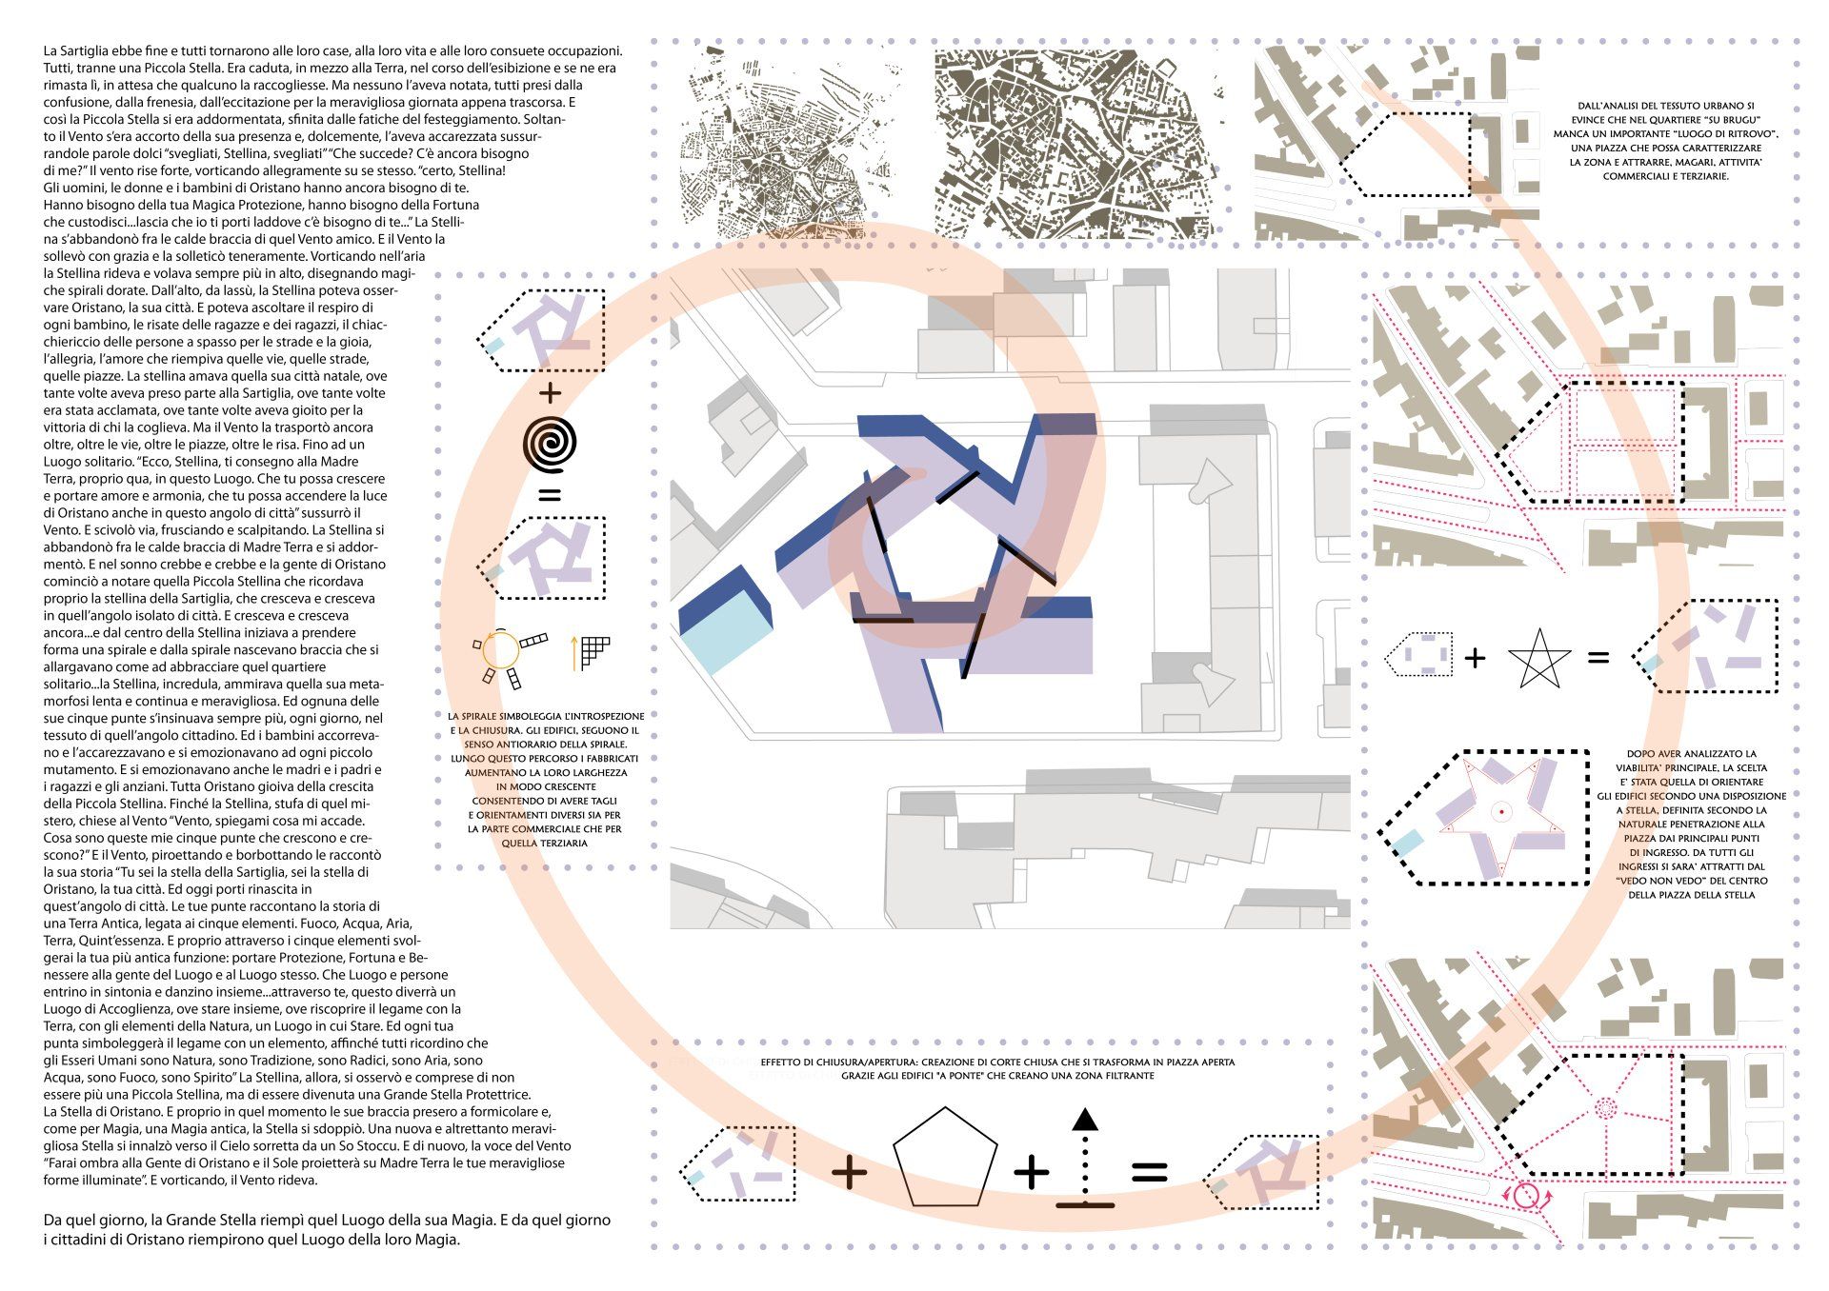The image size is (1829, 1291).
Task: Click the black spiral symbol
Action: tap(550, 444)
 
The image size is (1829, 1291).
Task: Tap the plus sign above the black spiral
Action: tap(550, 392)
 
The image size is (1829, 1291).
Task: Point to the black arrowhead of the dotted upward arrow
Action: tap(1084, 1120)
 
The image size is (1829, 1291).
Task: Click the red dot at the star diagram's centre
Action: tap(1501, 811)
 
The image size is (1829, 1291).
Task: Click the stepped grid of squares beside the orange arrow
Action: tap(594, 650)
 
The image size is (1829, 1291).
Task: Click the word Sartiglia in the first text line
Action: tap(88, 50)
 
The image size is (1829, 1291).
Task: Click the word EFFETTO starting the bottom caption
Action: tap(786, 1062)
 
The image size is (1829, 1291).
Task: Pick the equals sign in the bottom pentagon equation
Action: tap(1149, 1173)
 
